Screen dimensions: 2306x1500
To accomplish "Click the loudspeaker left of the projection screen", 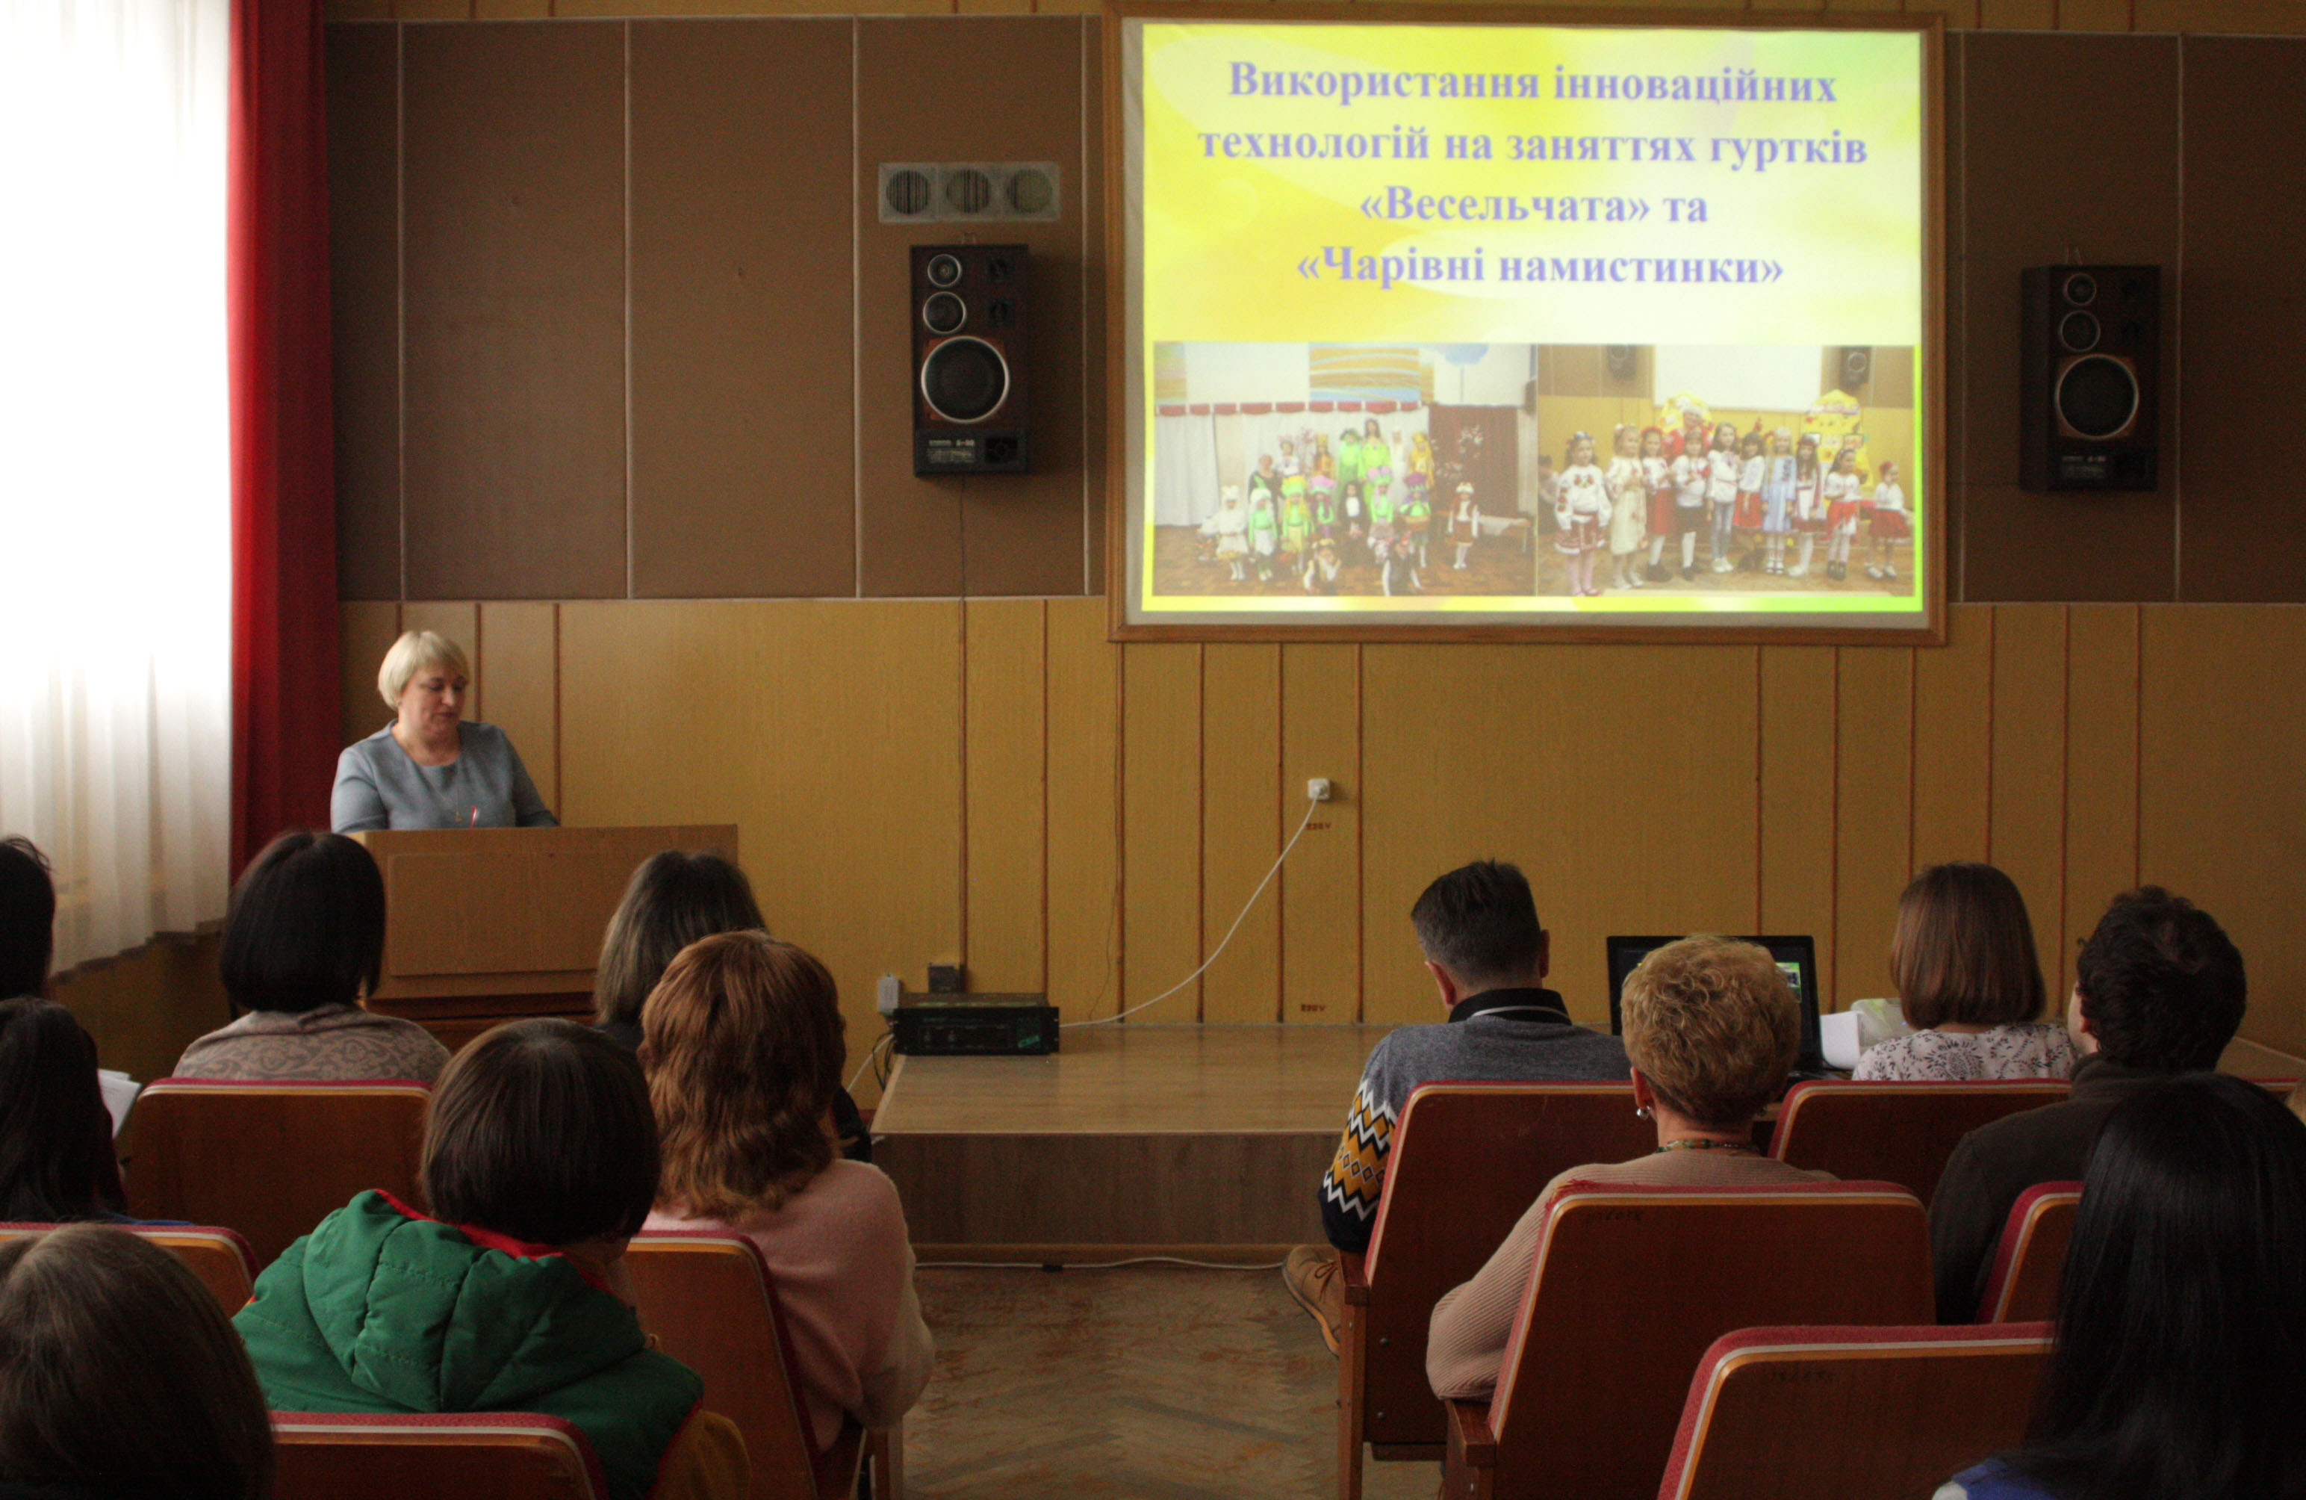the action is click(x=969, y=359).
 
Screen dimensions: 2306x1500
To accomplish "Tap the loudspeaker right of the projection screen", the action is click(x=2089, y=377).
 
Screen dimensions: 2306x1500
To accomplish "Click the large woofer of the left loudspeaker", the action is click(x=964, y=379).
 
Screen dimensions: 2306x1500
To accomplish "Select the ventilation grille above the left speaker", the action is click(x=969, y=192).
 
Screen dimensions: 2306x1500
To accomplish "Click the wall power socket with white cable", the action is click(x=1318, y=789).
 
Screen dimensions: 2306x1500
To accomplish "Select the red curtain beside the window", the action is click(x=281, y=427).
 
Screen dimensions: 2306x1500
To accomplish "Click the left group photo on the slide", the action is click(x=1344, y=469).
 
